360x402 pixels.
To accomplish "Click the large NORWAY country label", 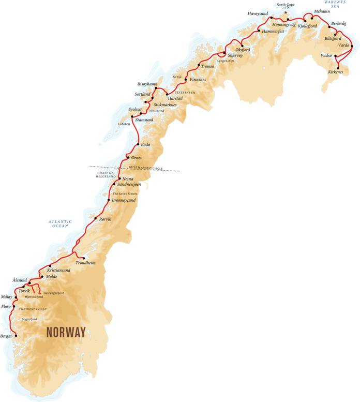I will coord(66,333).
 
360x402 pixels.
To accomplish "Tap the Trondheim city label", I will coord(86,263).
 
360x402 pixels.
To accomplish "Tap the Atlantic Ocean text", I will coord(60,223).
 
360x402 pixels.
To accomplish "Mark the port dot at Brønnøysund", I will coord(110,200).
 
